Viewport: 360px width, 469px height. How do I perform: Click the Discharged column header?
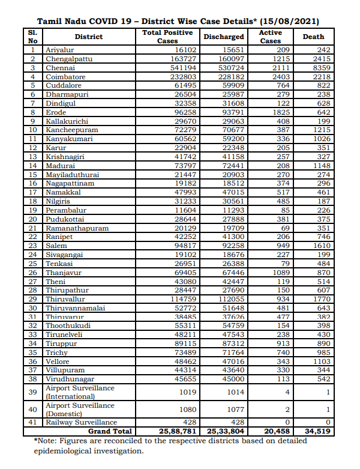coord(223,37)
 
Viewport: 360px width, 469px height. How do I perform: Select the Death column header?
coord(313,37)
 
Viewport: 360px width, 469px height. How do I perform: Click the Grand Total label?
coord(110,431)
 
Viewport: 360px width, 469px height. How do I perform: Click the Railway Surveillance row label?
coord(82,423)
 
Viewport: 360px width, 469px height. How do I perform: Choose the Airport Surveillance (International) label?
coord(80,392)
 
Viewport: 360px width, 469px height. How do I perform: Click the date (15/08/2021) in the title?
coord(286,20)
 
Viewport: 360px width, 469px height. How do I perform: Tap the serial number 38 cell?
coord(33,379)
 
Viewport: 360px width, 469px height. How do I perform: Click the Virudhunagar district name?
coord(70,379)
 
